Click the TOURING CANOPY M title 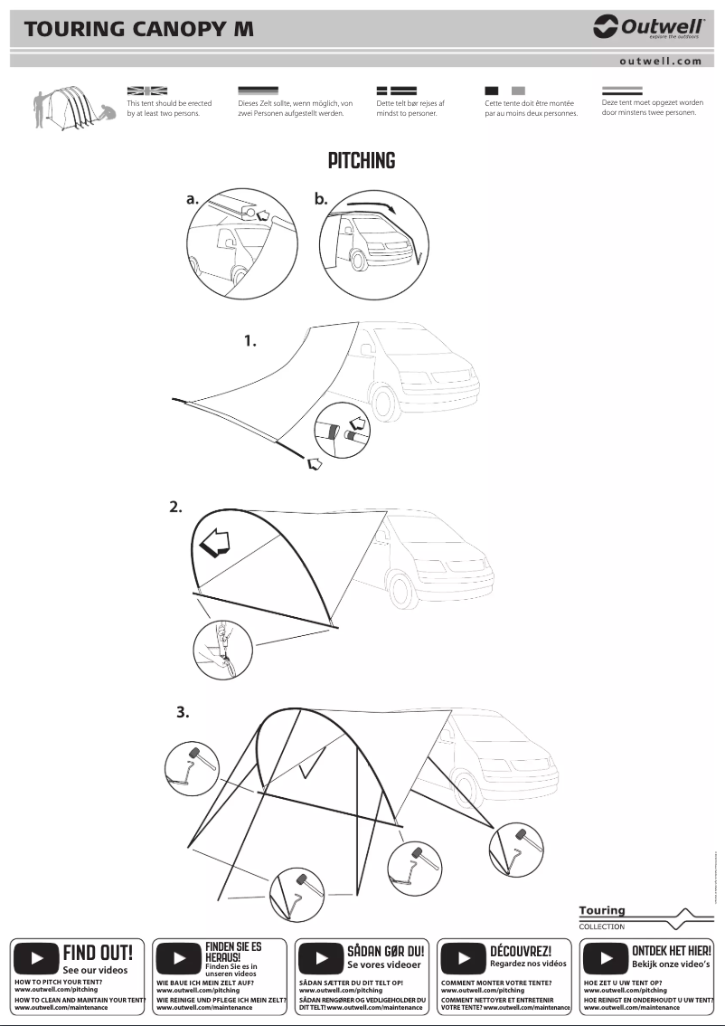pyautogui.click(x=139, y=29)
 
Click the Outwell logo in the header pyautogui.click(x=648, y=28)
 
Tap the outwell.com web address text pyautogui.click(x=660, y=62)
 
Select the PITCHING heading pyautogui.click(x=362, y=161)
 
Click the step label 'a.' pyautogui.click(x=193, y=199)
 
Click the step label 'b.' pyautogui.click(x=321, y=199)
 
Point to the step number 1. pyautogui.click(x=250, y=341)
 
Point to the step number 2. pyautogui.click(x=176, y=507)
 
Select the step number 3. pyautogui.click(x=183, y=712)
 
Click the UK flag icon pyautogui.click(x=147, y=90)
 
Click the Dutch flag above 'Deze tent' pyautogui.click(x=622, y=90)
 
